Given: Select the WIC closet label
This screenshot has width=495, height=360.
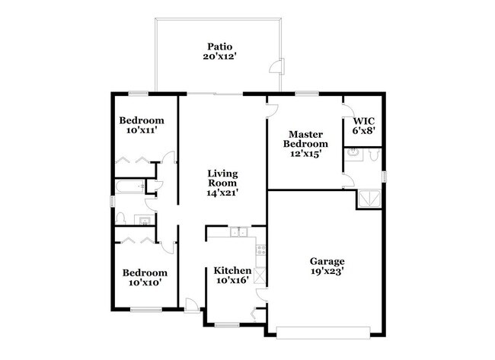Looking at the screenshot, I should pyautogui.click(x=363, y=121).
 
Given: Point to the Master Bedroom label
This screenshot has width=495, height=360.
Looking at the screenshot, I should pyautogui.click(x=305, y=139).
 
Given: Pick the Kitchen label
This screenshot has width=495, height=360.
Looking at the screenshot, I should pyautogui.click(x=232, y=270).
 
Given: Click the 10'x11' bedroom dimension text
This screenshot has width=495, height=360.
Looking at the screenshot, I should pyautogui.click(x=141, y=131).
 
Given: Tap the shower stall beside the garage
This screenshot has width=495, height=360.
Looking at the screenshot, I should pyautogui.click(x=370, y=199).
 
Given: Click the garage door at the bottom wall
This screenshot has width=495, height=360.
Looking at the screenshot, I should pyautogui.click(x=323, y=331).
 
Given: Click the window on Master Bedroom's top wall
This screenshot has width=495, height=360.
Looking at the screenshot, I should pyautogui.click(x=306, y=94).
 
